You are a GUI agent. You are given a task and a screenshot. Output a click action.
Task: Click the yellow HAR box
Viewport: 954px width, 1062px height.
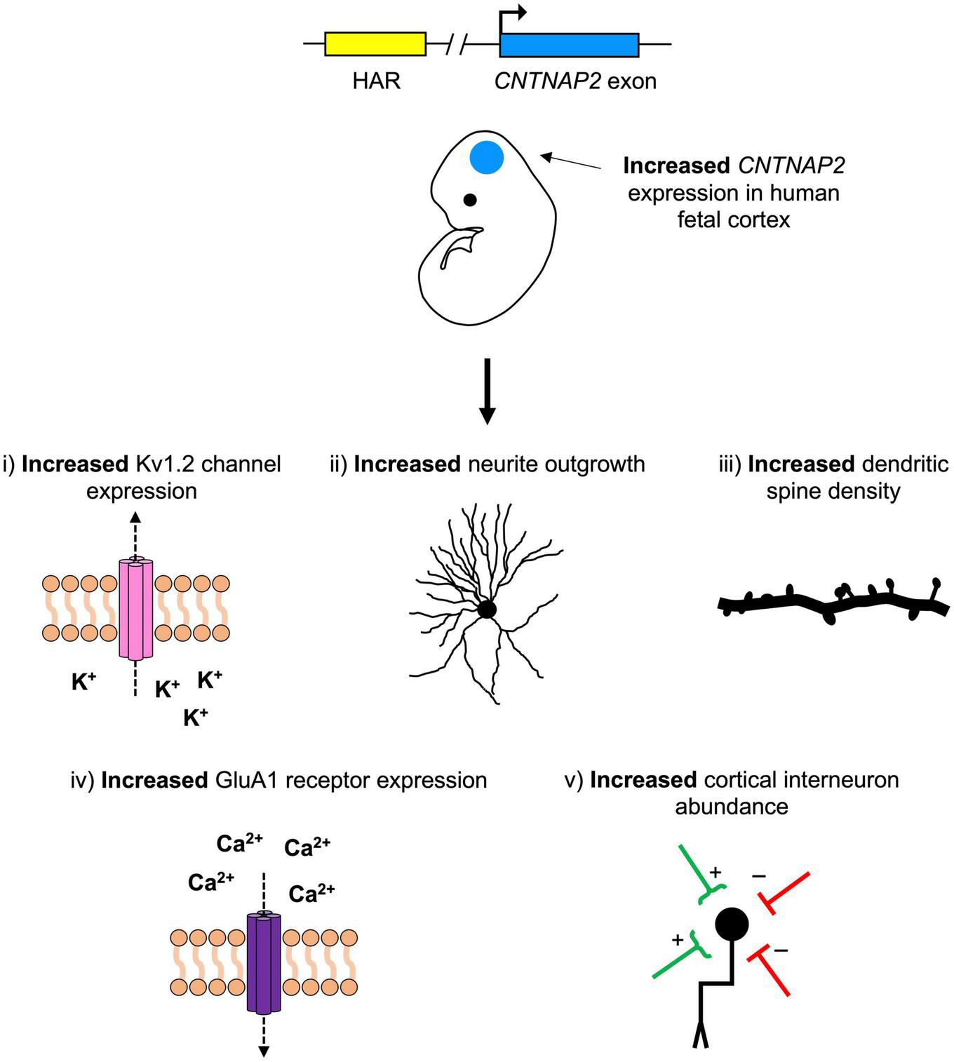(x=375, y=43)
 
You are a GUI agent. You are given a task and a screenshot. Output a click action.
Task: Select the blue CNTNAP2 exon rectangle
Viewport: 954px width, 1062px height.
(x=569, y=45)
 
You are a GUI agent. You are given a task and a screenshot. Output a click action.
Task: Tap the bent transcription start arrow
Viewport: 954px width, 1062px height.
(x=512, y=14)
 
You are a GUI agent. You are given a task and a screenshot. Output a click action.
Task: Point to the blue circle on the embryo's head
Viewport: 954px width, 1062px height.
(x=487, y=158)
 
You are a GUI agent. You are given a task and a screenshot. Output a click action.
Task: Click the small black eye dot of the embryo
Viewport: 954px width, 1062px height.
(x=470, y=200)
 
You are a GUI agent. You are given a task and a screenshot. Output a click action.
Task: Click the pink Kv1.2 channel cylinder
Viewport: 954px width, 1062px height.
(x=135, y=608)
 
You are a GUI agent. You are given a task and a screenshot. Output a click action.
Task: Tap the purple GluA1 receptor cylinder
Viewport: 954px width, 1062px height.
(x=264, y=962)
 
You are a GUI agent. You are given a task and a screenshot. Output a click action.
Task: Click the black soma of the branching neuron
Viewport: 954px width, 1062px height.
(x=487, y=609)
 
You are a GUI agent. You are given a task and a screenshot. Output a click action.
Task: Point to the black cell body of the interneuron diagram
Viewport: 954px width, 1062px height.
(x=732, y=924)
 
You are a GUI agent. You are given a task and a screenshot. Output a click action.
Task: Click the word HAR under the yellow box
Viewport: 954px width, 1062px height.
(x=376, y=81)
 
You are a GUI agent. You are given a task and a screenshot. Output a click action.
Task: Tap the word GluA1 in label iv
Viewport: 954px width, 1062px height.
(x=243, y=781)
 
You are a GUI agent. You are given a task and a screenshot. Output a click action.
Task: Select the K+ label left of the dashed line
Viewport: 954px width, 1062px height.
(x=83, y=681)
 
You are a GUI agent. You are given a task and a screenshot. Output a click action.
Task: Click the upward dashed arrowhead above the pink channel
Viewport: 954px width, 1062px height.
(x=135, y=518)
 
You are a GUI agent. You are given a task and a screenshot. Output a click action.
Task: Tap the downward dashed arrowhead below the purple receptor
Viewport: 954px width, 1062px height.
(x=264, y=1051)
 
